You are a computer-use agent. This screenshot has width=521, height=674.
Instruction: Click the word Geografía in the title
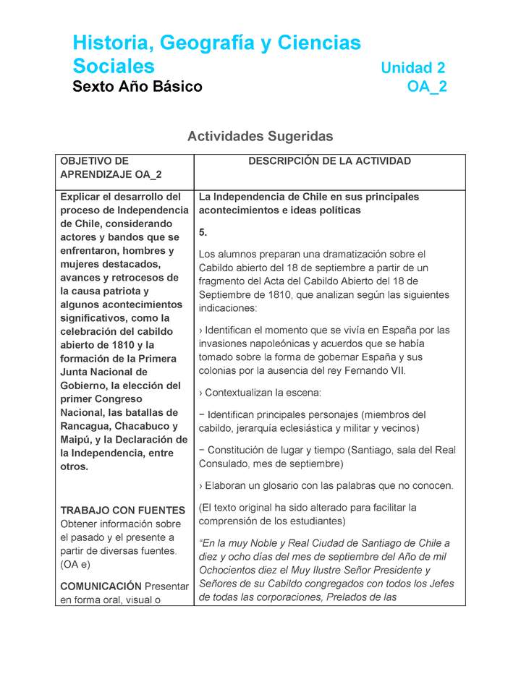205,43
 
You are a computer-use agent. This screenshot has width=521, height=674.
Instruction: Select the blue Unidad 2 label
412,68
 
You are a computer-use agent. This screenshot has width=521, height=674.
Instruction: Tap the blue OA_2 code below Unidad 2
427,88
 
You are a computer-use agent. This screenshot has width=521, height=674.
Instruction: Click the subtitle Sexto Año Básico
137,88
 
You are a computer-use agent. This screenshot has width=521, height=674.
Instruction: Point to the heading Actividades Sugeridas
260,136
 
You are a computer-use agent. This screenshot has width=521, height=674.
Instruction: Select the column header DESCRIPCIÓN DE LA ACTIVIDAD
329,161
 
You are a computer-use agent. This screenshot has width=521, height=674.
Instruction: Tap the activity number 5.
203,232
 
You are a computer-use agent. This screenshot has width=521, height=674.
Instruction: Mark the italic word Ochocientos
230,571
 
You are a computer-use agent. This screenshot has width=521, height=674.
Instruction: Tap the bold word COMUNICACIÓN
100,586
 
